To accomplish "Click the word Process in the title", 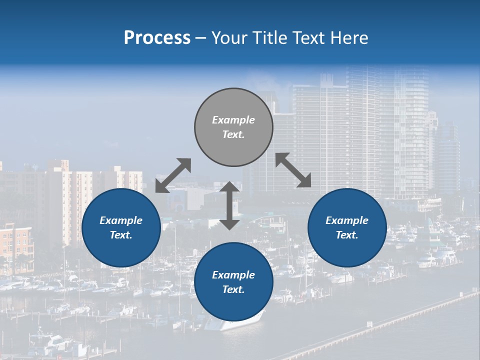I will pyautogui.click(x=157, y=38).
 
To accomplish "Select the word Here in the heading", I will pyautogui.click(x=350, y=38).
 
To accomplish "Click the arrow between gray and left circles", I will pyautogui.click(x=173, y=175).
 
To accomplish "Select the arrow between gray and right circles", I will pyautogui.click(x=293, y=170).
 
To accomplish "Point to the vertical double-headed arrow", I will pyautogui.click(x=229, y=205).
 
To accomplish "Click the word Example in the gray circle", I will pyautogui.click(x=233, y=120).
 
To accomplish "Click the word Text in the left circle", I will pyautogui.click(x=121, y=235).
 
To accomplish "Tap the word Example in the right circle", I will pyautogui.click(x=347, y=220).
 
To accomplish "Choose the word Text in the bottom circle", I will pyautogui.click(x=233, y=289).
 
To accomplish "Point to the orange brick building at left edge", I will pyautogui.click(x=15, y=247).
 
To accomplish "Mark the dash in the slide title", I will pyautogui.click(x=200, y=38).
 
